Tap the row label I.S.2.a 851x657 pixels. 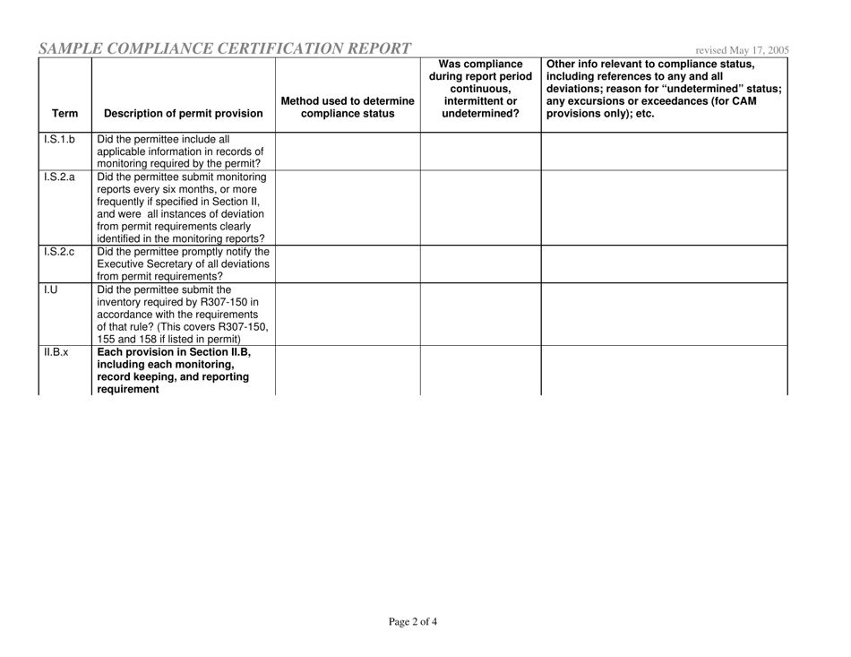click(x=56, y=178)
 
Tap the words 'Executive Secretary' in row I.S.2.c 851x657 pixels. click(x=147, y=264)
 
